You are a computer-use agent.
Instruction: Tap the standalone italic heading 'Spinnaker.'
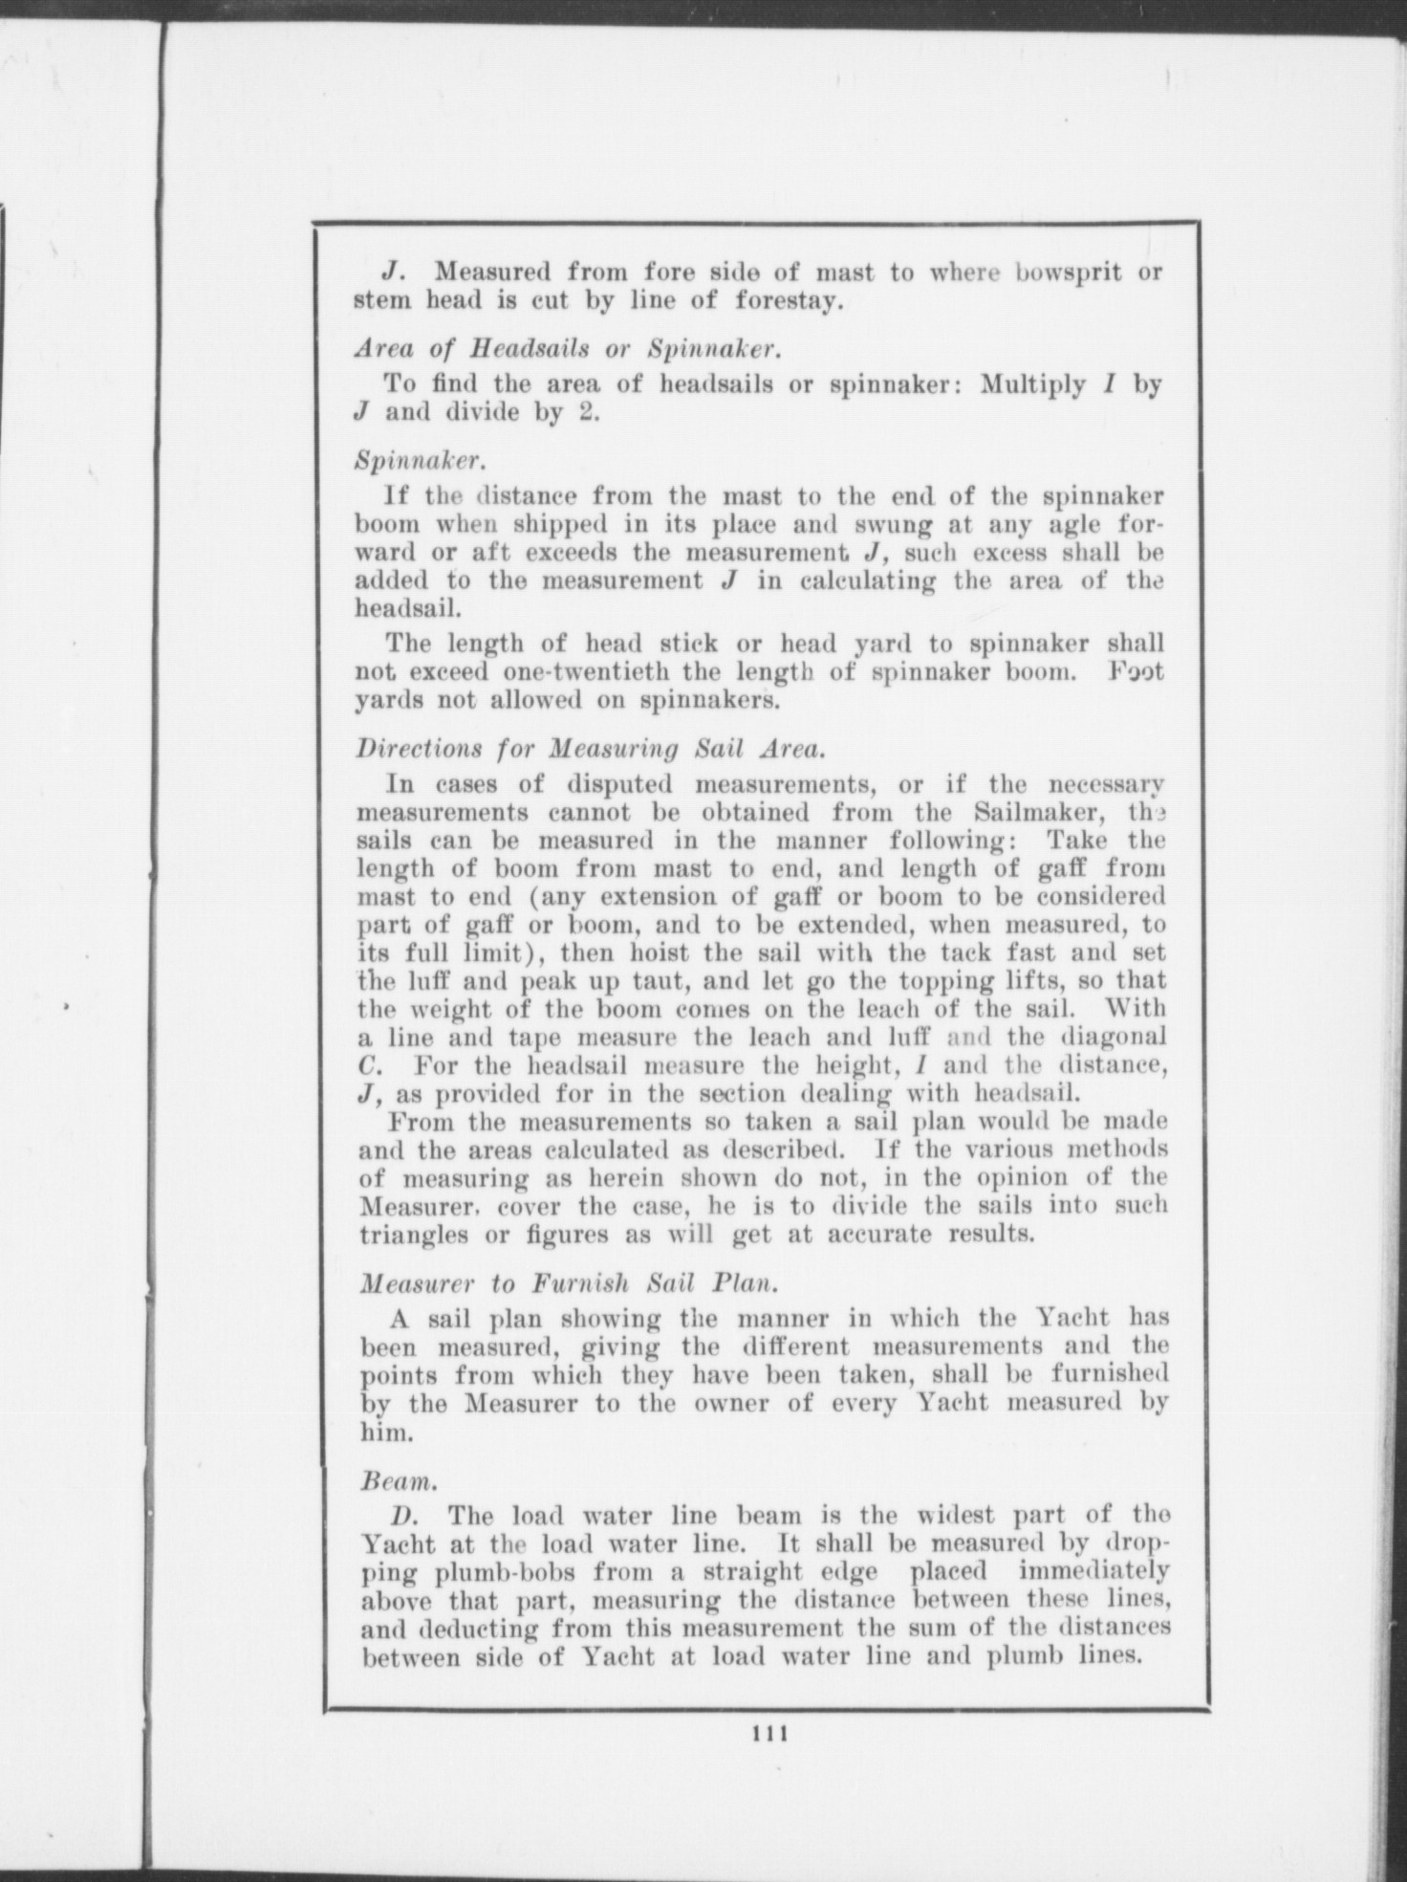point(421,461)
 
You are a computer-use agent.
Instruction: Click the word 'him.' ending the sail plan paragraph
point(384,1434)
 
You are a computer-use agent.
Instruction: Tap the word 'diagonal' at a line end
point(1113,1038)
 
